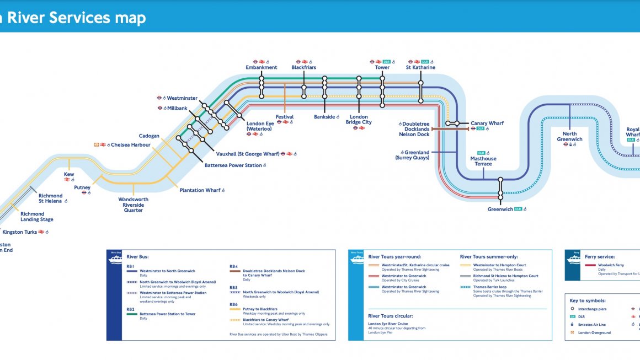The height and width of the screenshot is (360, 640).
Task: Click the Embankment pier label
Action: (262, 68)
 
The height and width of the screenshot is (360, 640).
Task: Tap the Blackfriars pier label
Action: (304, 68)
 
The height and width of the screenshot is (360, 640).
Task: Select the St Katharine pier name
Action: (420, 68)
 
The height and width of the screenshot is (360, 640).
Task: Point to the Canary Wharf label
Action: (487, 123)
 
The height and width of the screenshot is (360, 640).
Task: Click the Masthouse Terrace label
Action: (483, 161)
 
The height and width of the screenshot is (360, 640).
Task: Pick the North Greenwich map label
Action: (569, 136)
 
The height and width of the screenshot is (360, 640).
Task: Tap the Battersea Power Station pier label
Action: (233, 165)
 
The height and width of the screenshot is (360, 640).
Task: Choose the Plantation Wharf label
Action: (200, 190)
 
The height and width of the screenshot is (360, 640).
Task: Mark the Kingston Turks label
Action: (20, 232)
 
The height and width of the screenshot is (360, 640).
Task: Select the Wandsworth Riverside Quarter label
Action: (134, 205)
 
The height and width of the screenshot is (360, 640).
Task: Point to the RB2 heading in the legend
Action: (131, 309)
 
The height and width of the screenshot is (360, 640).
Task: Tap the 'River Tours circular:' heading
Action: (391, 316)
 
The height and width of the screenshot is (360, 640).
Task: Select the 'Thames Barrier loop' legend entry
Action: (489, 287)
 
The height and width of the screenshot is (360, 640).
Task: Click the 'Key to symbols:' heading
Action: (588, 300)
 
